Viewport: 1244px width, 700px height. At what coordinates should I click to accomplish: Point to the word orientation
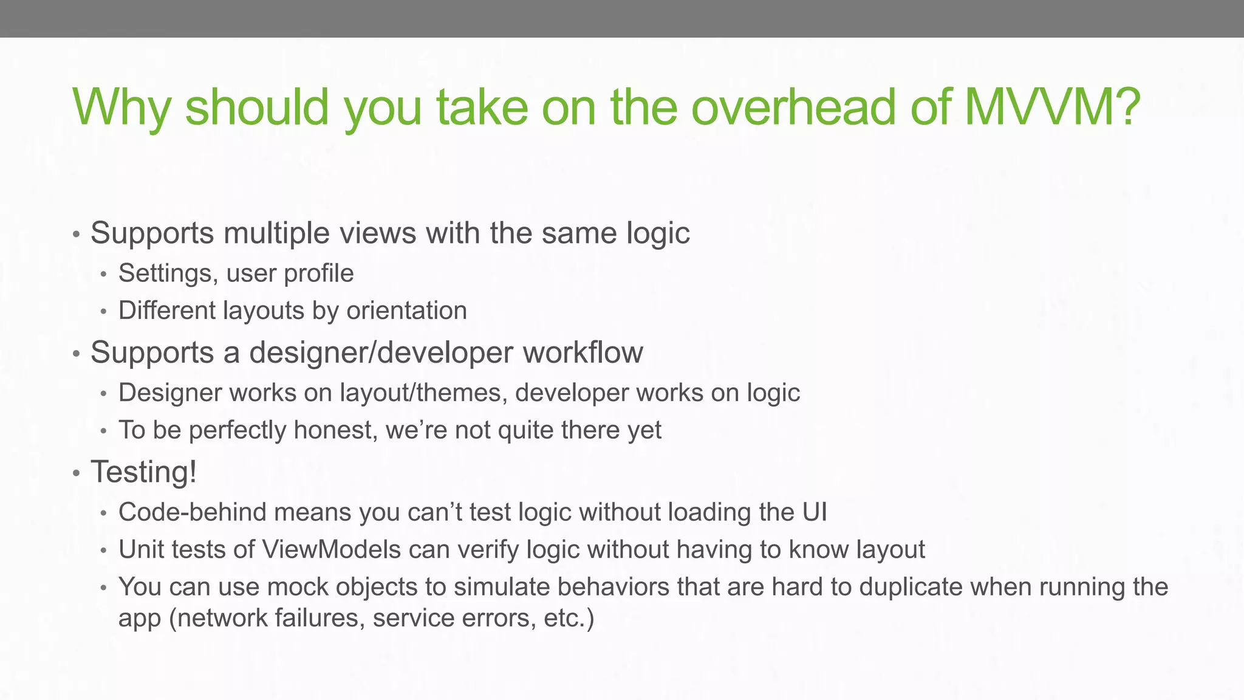[x=406, y=311]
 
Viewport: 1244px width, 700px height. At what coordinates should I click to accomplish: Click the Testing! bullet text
[x=144, y=472]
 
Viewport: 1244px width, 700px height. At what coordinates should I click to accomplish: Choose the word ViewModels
[x=332, y=549]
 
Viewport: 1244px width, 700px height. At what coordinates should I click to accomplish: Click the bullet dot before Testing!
[x=76, y=473]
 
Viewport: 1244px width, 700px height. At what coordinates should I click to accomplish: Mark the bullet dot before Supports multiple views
[x=76, y=234]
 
